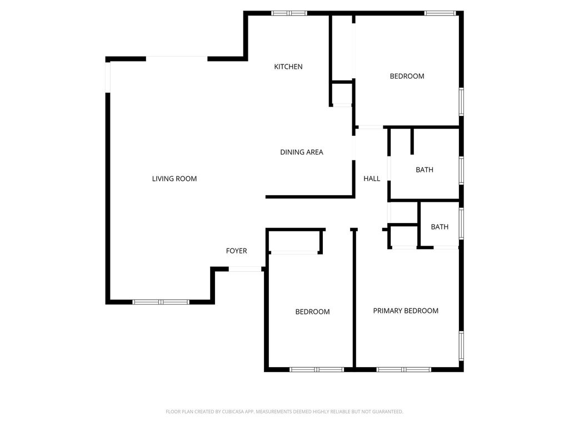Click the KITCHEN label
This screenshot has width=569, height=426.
[x=288, y=67]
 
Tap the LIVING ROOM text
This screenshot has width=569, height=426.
[x=174, y=179]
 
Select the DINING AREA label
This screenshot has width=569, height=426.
[x=302, y=152]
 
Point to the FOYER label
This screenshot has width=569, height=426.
[x=236, y=251]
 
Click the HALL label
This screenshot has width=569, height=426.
[x=372, y=179]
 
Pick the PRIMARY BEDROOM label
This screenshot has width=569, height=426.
[x=406, y=311]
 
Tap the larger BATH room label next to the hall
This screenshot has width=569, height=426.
[x=424, y=170]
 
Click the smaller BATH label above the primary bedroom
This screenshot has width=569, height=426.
[x=440, y=227]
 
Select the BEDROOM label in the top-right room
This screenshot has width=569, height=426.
[x=407, y=76]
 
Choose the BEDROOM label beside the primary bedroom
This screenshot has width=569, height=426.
[x=312, y=312]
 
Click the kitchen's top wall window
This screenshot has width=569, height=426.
[x=289, y=13]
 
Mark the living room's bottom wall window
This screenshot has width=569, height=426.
[x=161, y=302]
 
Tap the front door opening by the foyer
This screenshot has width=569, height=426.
[x=245, y=269]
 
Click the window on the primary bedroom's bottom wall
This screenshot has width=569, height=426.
[x=403, y=370]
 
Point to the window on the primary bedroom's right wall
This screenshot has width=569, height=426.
[x=461, y=346]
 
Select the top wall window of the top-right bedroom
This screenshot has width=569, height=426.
[x=440, y=13]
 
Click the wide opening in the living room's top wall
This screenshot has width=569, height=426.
[x=177, y=59]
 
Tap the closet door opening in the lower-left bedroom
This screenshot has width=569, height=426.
[x=294, y=252]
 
